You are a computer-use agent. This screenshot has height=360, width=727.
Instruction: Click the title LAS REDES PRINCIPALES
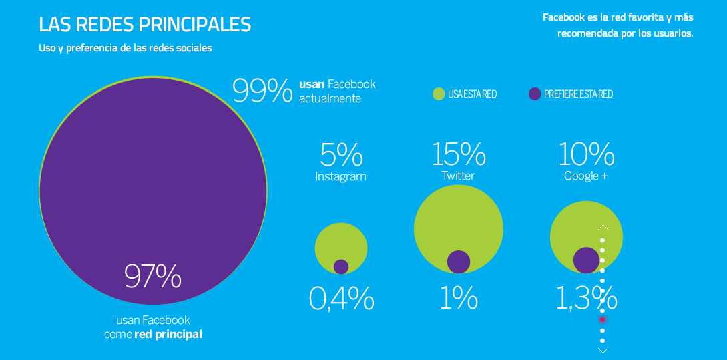pos(145,25)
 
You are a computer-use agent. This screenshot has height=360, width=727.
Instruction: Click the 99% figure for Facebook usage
pos(262,91)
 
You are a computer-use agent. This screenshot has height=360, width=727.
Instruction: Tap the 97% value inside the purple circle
pos(153,277)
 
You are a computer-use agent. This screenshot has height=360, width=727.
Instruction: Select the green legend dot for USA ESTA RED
pos(439,94)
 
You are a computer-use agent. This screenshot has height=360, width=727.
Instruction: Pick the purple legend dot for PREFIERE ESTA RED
pos(534,94)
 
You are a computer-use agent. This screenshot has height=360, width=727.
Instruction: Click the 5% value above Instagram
pos(341,155)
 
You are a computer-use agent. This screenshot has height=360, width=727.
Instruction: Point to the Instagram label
pos(340,177)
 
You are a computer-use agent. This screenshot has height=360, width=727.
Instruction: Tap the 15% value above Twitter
pos(458,154)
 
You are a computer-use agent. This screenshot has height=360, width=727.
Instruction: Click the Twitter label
pos(458,176)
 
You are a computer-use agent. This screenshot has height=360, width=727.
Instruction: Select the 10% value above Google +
pos(585,154)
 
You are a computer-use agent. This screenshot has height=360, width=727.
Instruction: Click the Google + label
pos(585,176)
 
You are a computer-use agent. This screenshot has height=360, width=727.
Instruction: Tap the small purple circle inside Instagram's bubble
pos(341,266)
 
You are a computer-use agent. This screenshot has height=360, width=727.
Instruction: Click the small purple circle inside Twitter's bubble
pos(459,262)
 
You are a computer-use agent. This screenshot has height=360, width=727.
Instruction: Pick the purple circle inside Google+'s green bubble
pos(586,260)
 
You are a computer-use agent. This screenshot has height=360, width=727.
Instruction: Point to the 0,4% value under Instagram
pos(341,299)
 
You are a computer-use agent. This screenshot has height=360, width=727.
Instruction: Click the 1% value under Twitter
pos(459,299)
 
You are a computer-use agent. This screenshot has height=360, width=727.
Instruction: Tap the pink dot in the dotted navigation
pos(603,320)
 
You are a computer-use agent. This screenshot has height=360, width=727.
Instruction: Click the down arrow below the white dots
pos(603,349)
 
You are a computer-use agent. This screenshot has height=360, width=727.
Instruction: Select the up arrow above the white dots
pos(603,227)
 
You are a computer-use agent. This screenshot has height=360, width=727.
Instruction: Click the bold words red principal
pos(168,334)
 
